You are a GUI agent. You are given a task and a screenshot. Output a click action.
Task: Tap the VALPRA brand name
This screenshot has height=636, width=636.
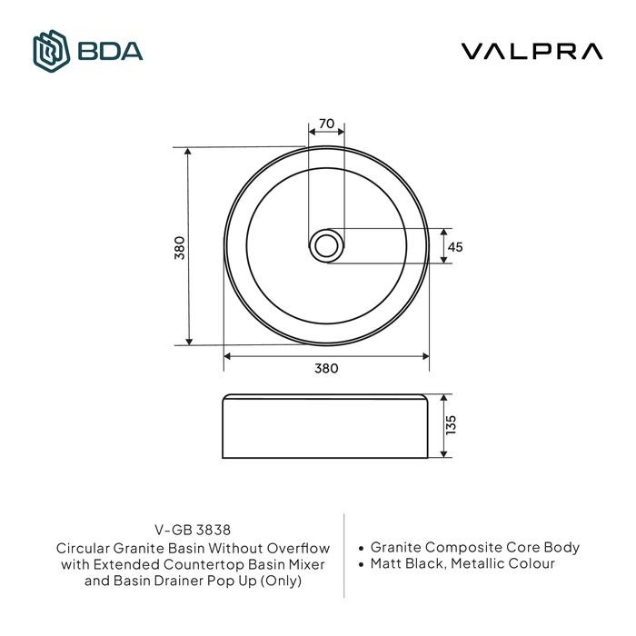532,51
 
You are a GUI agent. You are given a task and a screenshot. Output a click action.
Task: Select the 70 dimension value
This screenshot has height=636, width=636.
327,124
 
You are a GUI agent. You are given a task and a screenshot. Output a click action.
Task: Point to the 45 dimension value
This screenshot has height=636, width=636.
456,246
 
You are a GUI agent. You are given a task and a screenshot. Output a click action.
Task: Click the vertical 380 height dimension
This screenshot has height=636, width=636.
179,247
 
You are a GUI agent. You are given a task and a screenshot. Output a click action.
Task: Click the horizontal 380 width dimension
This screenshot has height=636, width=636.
326,368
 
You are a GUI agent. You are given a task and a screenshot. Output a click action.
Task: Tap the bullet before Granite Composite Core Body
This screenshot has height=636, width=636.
363,549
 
